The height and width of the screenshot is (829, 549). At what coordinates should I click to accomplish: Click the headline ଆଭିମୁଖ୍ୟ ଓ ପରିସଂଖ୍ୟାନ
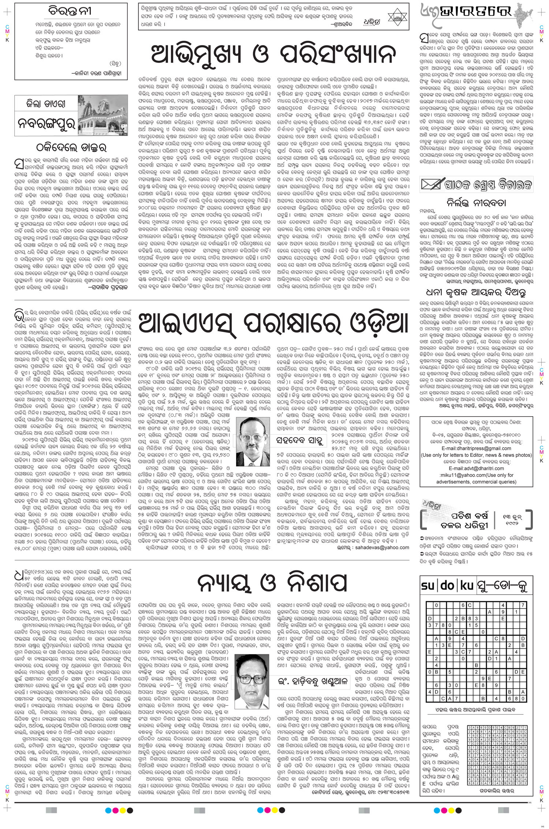[274, 55]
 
